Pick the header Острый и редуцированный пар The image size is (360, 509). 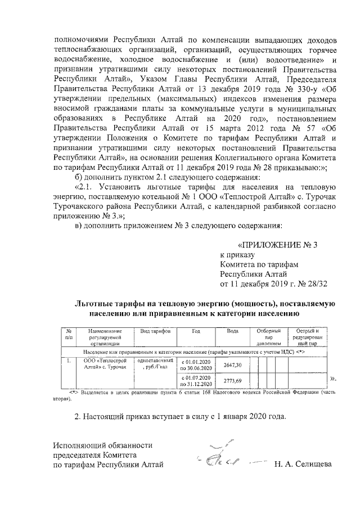[307, 336]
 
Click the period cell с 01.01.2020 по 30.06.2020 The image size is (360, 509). [196, 364]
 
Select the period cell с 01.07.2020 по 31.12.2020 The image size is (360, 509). [196, 380]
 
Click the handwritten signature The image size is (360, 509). [219, 458]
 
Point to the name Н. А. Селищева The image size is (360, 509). [303, 465]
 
